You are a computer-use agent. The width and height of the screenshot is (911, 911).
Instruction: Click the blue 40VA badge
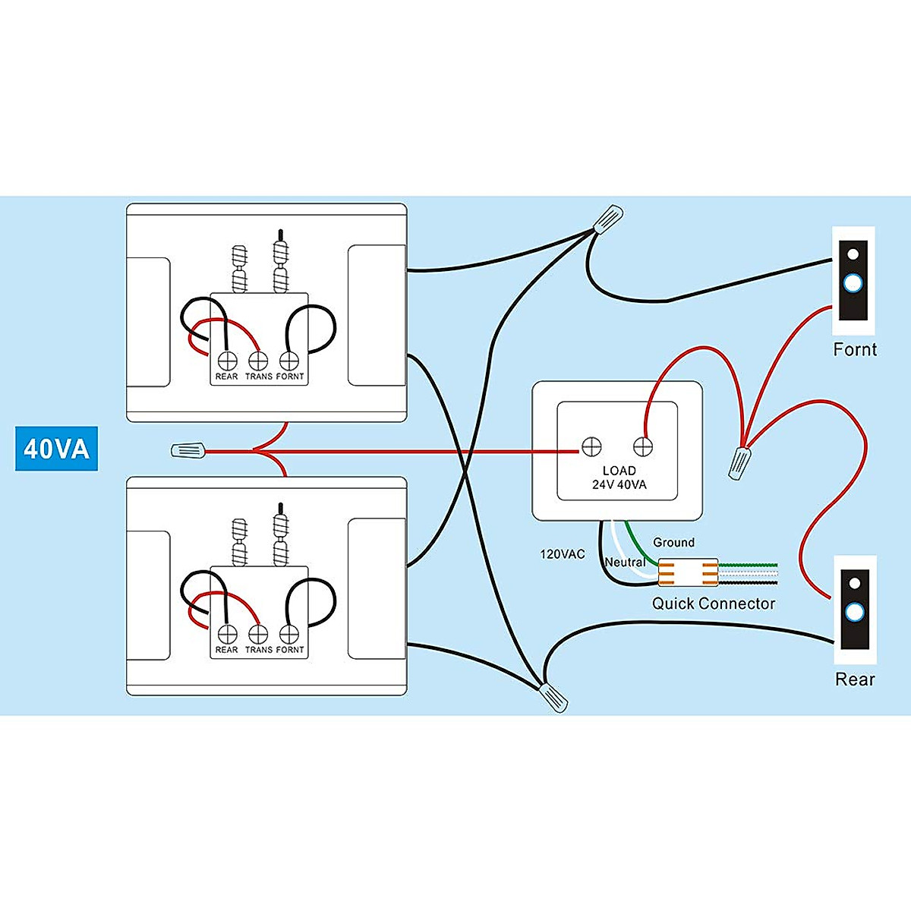57,449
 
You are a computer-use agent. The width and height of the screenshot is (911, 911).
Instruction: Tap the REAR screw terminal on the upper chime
226,359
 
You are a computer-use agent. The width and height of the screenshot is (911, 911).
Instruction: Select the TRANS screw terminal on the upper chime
258,359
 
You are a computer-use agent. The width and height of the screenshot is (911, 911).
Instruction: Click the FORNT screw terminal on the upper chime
289,359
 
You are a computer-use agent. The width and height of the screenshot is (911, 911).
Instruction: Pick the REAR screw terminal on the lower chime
226,633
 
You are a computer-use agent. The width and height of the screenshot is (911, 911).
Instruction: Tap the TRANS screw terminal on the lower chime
258,633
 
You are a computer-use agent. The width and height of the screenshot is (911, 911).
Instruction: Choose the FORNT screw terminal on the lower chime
289,633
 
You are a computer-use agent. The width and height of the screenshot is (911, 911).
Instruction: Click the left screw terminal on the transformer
591,446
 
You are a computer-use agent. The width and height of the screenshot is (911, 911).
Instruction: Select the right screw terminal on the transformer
643,446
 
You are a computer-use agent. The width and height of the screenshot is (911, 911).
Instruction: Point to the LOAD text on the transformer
619,471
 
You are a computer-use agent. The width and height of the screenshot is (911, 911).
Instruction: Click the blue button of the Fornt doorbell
853,284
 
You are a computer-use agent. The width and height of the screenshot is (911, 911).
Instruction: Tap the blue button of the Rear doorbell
854,612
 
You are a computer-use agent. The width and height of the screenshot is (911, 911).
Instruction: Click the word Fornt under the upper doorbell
855,349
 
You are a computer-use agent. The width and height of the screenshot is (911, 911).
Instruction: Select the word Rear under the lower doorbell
855,679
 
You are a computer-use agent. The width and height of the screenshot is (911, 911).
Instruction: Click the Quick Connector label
714,604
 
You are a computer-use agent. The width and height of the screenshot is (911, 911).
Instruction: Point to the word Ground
673,542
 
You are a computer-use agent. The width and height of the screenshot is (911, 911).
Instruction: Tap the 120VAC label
563,554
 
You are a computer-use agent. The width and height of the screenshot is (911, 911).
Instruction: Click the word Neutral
625,563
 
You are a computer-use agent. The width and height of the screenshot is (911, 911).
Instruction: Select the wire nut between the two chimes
188,451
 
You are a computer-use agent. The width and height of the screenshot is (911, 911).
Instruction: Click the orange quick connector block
688,573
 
